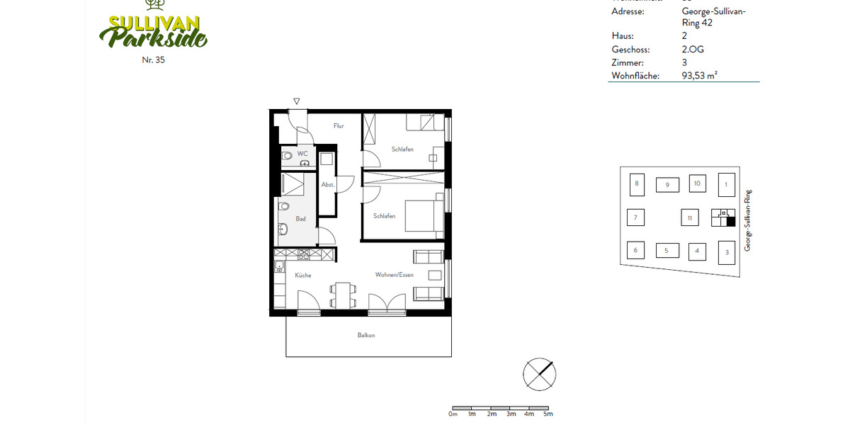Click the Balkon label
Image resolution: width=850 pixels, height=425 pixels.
(366, 335)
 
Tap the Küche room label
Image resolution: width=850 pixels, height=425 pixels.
(303, 275)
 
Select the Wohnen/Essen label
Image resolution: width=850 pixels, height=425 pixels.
(395, 275)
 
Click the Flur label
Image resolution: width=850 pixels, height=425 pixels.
(339, 126)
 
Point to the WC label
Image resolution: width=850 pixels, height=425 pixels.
(302, 154)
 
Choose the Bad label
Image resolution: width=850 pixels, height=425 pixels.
(301, 219)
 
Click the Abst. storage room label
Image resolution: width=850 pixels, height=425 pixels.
(328, 184)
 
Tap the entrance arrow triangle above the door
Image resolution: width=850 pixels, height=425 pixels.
(297, 102)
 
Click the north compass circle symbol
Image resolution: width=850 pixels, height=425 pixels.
(539, 374)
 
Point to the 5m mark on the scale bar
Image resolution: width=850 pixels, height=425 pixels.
(548, 414)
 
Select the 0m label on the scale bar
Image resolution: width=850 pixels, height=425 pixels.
(453, 414)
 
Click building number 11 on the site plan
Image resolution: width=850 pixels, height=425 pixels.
(690, 218)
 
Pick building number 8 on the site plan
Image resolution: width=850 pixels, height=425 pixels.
(637, 184)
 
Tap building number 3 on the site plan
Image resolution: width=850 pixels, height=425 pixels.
(726, 252)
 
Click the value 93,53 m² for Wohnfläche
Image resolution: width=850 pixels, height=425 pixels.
(700, 75)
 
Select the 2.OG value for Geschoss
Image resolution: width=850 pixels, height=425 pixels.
(693, 50)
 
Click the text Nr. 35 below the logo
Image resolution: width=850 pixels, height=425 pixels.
(153, 60)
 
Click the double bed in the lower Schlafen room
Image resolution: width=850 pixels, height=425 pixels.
(424, 216)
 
